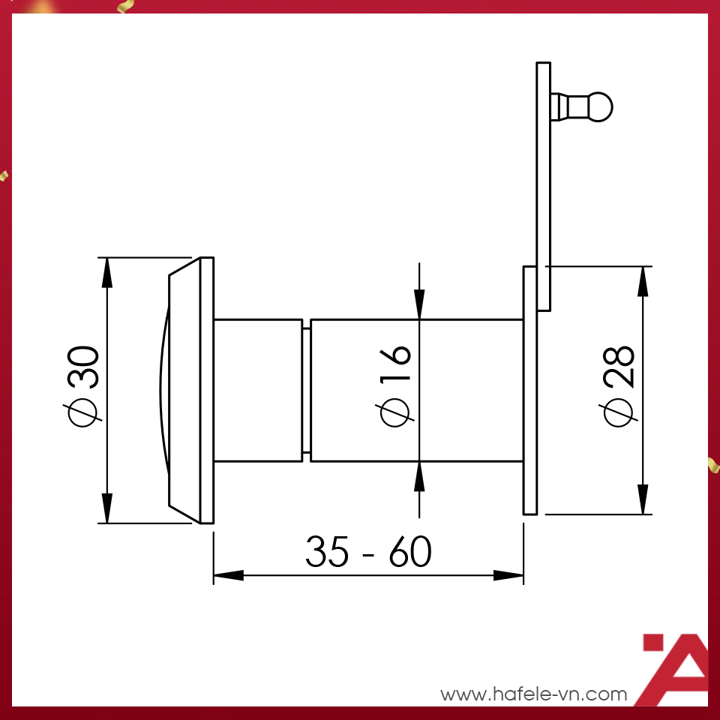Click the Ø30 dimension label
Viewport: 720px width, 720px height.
(83, 387)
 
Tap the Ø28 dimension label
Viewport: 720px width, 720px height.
(619, 387)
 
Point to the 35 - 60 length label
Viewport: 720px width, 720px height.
(368, 553)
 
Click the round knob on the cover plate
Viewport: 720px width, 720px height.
(600, 106)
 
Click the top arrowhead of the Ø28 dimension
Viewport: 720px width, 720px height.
(643, 280)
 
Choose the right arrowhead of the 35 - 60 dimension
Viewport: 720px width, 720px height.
(508, 576)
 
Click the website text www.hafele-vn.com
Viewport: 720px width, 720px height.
(533, 694)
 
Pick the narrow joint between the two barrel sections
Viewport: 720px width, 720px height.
(307, 390)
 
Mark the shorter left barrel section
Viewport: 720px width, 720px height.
(259, 390)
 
